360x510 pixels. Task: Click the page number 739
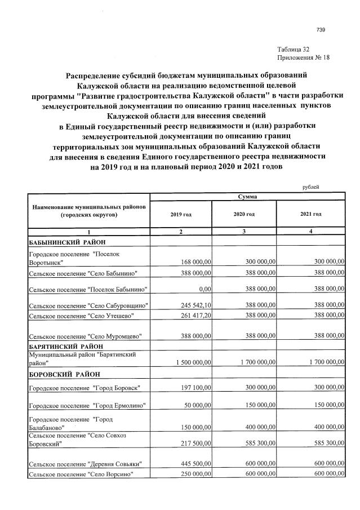321,30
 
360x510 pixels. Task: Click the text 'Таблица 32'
294,50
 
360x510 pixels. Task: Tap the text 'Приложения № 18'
303,58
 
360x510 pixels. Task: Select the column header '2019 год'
180,214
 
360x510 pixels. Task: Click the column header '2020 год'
244,214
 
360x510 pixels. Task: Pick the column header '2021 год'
310,214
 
